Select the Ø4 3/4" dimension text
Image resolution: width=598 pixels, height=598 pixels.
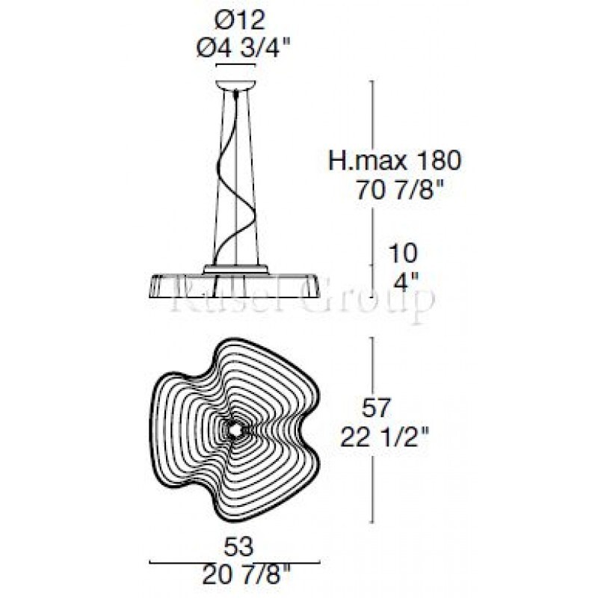point(244,49)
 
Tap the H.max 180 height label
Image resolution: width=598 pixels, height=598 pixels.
point(395,161)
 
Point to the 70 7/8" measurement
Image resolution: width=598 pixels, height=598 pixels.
point(401,190)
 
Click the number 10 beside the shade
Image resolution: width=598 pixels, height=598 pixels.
point(404,253)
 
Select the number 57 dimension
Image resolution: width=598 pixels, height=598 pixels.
point(376,407)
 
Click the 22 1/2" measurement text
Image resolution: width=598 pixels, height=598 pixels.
point(385,437)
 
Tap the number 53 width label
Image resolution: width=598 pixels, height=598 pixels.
point(238,547)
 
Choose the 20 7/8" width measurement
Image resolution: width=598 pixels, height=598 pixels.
point(247,576)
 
